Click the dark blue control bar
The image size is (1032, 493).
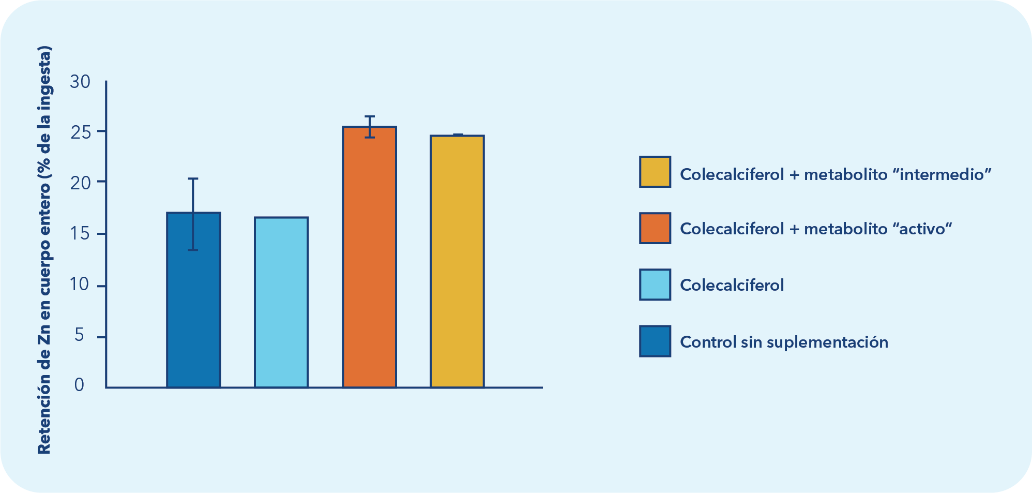(193, 310)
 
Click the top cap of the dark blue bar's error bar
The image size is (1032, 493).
(193, 179)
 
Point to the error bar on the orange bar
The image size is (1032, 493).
(369, 127)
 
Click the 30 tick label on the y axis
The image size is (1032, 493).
(80, 82)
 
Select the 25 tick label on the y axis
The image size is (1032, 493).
(80, 132)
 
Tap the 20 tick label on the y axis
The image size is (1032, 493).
(80, 183)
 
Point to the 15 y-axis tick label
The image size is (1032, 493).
(80, 234)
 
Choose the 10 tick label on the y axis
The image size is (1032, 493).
(80, 286)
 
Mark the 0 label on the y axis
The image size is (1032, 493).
(79, 385)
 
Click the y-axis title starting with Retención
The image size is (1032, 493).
(44, 251)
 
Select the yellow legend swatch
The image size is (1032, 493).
(655, 172)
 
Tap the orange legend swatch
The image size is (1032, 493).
(655, 228)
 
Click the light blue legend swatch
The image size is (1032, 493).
(655, 285)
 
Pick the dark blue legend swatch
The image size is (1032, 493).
(655, 341)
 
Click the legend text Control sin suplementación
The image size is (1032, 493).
(784, 342)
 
